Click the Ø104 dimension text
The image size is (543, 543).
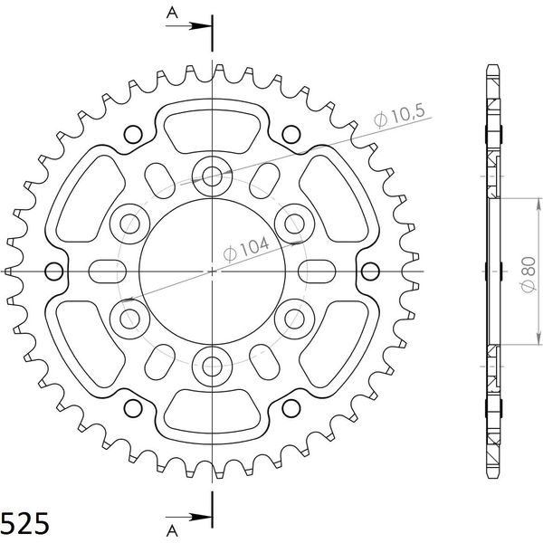[246, 249]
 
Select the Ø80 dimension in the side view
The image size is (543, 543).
[529, 274]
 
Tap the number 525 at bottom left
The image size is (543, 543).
[24, 523]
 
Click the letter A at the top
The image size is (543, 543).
[172, 14]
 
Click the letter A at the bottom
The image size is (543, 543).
[172, 531]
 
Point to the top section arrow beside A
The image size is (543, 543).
[189, 26]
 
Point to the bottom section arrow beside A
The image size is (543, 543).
[189, 518]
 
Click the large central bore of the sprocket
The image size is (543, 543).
[212, 271]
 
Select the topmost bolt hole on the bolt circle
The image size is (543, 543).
[212, 176]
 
